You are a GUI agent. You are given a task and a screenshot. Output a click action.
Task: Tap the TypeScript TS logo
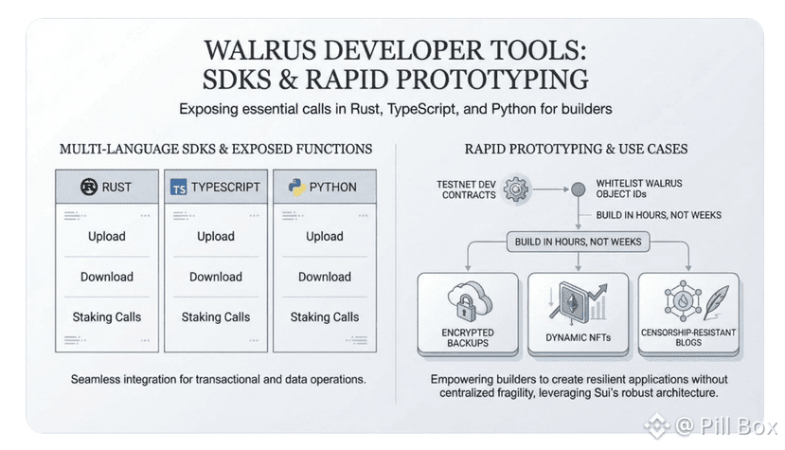point(178,188)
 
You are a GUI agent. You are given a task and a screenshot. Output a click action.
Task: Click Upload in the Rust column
point(106,236)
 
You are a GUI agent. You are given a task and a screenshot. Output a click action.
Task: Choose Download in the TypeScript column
point(215,277)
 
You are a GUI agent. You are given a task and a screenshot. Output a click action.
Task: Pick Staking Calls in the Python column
point(324,317)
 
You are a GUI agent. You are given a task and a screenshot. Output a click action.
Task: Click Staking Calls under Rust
point(106,317)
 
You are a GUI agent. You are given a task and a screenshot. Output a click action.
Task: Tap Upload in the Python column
point(324,236)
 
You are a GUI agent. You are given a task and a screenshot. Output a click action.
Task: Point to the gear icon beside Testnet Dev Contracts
point(516,188)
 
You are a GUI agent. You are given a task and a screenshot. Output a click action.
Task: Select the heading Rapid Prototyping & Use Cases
point(576,149)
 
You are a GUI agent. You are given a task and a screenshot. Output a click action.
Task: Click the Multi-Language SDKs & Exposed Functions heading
point(216,149)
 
